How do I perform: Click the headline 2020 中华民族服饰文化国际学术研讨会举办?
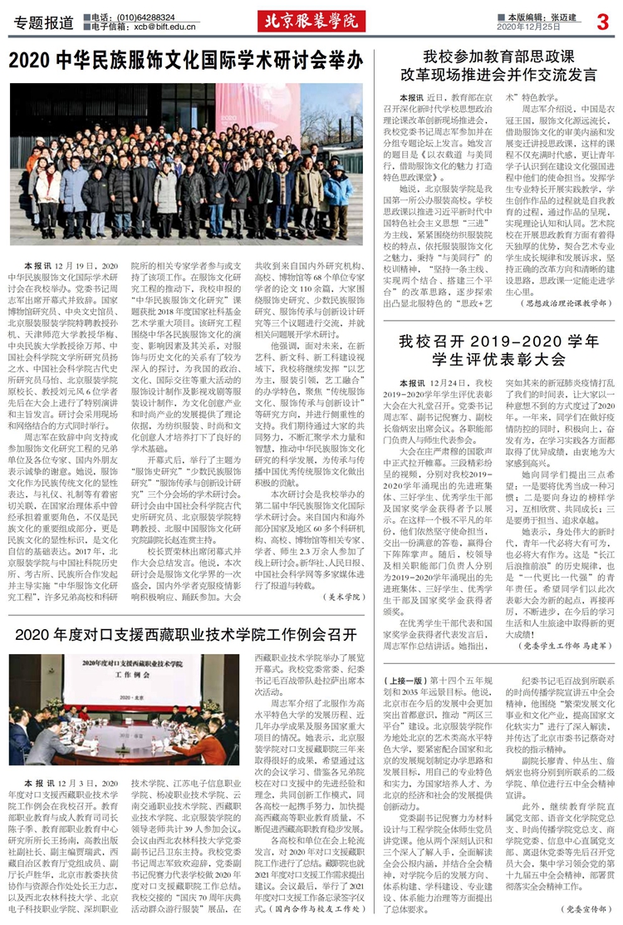click(x=186, y=61)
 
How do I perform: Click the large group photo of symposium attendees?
click(x=186, y=162)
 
